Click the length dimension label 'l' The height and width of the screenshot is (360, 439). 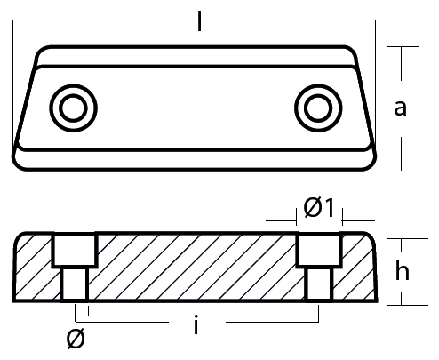coord(200,21)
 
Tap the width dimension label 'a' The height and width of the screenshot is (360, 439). coord(401,108)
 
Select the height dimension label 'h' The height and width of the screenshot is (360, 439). coord(403,271)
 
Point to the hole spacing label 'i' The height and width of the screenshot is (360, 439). coord(196,324)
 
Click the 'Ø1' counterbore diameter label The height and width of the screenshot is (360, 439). coord(319,207)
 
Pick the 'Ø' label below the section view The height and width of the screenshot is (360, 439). coord(76,339)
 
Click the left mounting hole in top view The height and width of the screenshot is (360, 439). coord(73,108)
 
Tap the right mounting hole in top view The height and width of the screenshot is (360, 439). coord(318,108)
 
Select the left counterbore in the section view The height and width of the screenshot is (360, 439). coord(75,250)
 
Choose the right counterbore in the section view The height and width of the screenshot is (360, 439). coord(319,250)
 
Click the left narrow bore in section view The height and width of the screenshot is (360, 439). coord(75,284)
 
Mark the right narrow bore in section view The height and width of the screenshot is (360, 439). coord(319,284)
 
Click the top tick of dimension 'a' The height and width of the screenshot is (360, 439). coord(403,46)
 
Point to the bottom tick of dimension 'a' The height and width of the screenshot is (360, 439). coord(401,172)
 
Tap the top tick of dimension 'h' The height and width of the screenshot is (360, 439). coord(407,238)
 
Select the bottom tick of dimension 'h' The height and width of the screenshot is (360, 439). coord(407,305)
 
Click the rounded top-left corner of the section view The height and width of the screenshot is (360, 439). coord(19,237)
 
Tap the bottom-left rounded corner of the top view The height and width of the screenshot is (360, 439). coord(17,164)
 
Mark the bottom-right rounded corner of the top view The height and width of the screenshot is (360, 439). coord(371,164)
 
